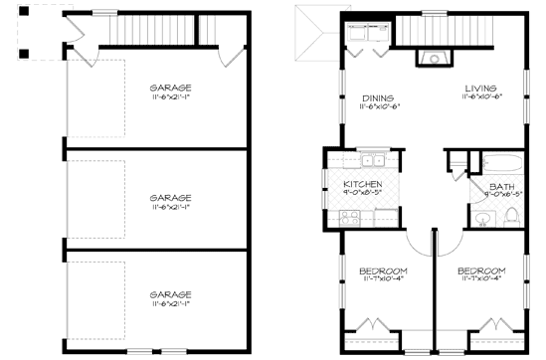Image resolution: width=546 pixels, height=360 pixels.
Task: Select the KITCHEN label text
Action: pos(362,185)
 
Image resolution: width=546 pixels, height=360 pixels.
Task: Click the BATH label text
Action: pos(501,187)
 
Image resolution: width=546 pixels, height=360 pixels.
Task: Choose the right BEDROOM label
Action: pos(481,270)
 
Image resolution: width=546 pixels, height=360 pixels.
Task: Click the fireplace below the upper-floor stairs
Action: pos(435,58)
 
